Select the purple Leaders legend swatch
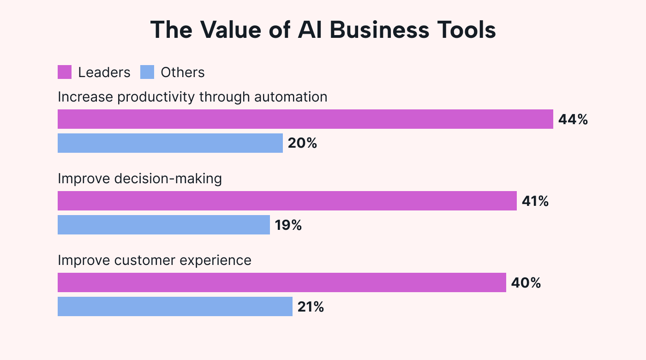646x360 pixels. coord(65,72)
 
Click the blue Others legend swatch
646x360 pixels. coord(147,72)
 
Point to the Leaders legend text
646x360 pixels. coord(104,72)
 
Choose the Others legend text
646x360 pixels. coord(183,72)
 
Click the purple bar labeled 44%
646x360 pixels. coord(305,119)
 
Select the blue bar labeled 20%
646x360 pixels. coord(170,143)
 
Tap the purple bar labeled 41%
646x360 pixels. coord(287,201)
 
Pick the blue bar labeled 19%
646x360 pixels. coord(163,225)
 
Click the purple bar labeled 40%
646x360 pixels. coord(281,282)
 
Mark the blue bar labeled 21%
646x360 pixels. coord(175,306)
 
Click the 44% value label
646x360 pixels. coord(573,120)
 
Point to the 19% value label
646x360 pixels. coord(288,225)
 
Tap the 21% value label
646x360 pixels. coord(311,307)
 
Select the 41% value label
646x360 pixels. coord(535,201)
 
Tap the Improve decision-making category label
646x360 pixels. coord(140,179)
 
